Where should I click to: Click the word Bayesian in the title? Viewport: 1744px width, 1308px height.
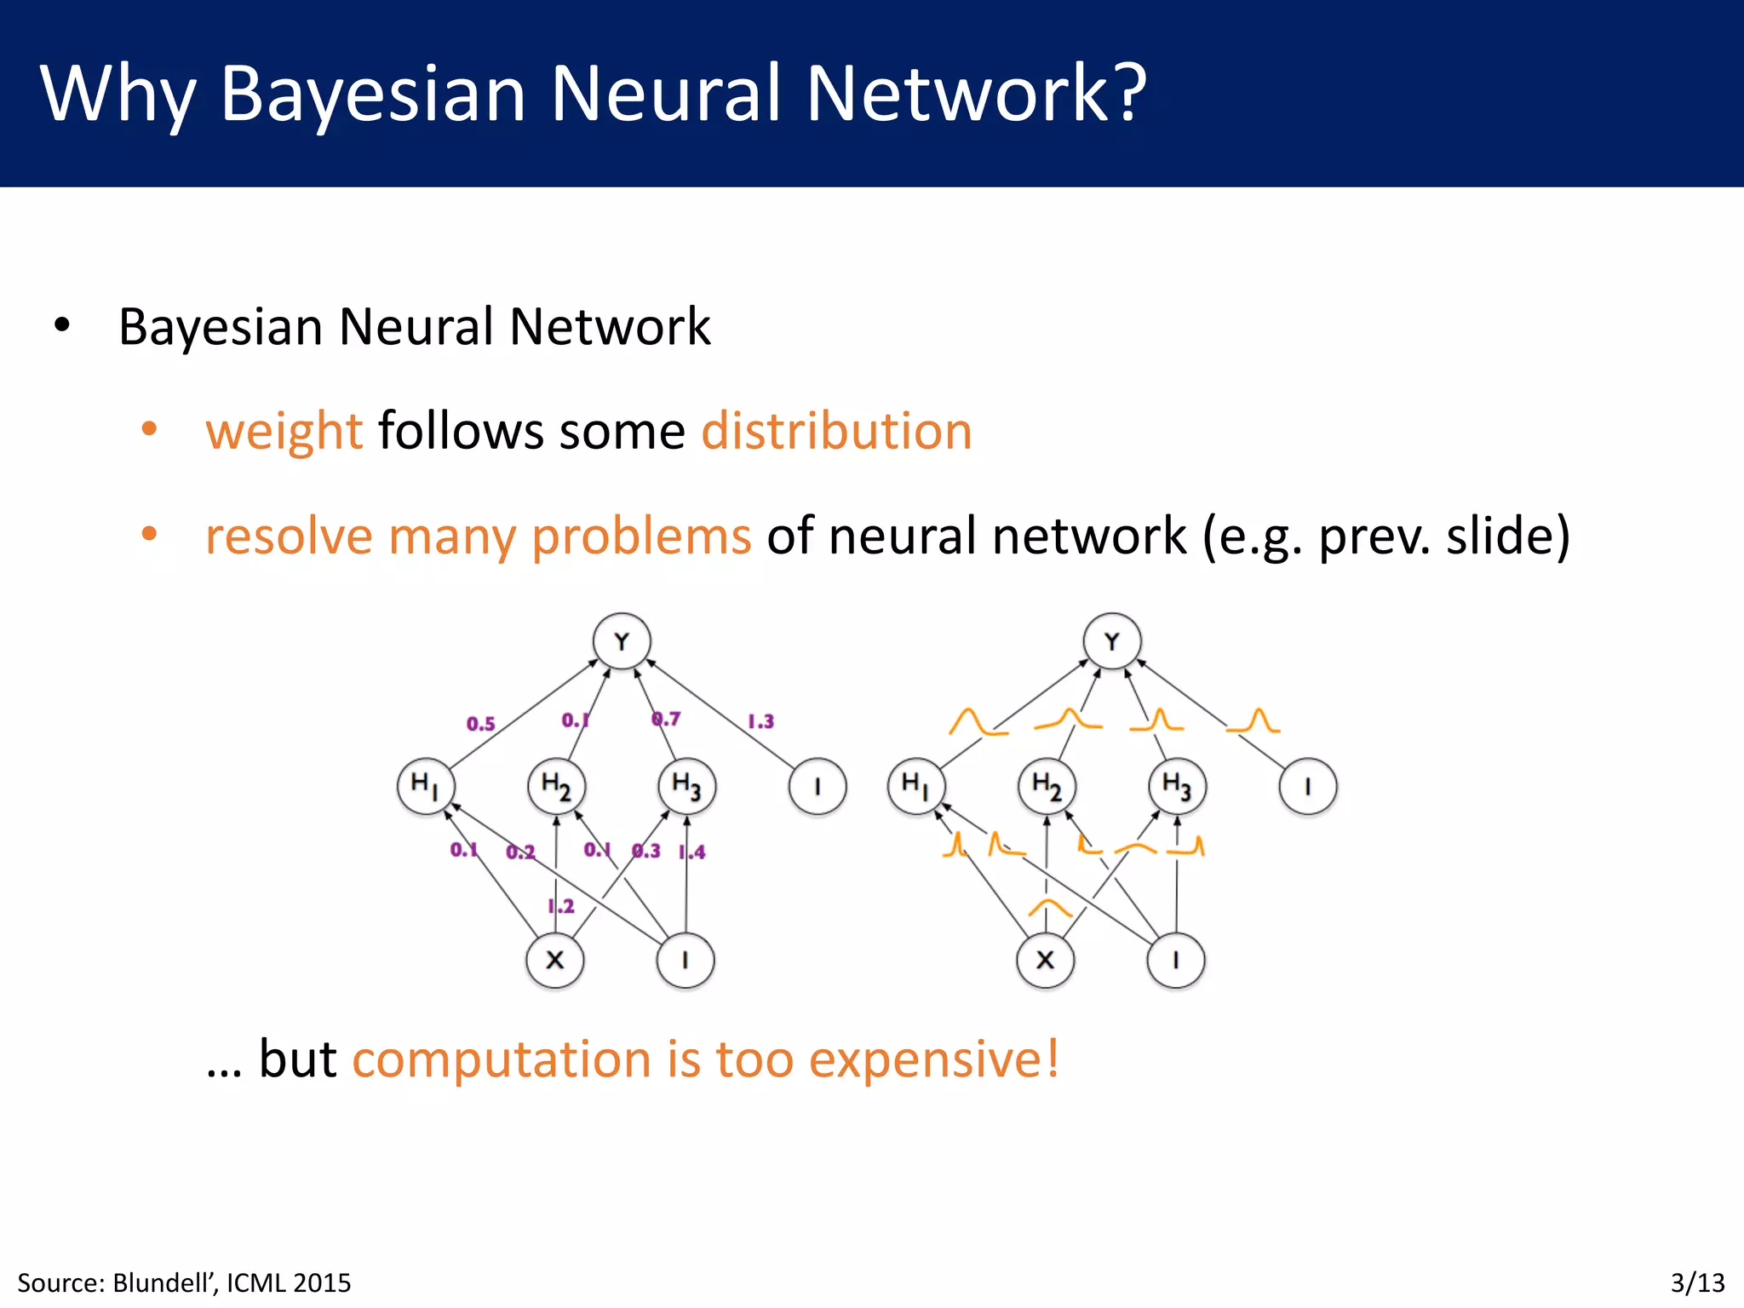pos(372,94)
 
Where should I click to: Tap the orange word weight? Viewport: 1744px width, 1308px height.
pos(284,431)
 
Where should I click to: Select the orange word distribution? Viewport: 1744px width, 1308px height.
pos(836,431)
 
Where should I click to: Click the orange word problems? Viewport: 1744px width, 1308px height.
pos(641,536)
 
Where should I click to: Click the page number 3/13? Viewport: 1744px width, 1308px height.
pos(1697,1282)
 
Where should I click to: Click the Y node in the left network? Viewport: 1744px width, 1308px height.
pos(622,641)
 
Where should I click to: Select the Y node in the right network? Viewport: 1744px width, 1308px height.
pos(1111,641)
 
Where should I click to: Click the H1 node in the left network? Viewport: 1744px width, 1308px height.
pos(425,785)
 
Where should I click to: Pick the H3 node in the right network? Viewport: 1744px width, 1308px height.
pos(1177,785)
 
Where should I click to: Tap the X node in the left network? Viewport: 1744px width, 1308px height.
pos(555,960)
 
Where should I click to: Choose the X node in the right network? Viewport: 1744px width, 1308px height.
pos(1045,960)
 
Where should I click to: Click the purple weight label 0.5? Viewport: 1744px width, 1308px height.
pos(480,724)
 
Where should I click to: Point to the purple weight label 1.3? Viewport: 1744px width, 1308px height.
pos(760,721)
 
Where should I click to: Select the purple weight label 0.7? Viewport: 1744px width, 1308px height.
pos(666,719)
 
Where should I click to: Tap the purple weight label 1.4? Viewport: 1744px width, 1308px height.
pos(692,852)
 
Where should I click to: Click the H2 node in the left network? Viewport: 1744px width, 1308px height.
pos(556,785)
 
